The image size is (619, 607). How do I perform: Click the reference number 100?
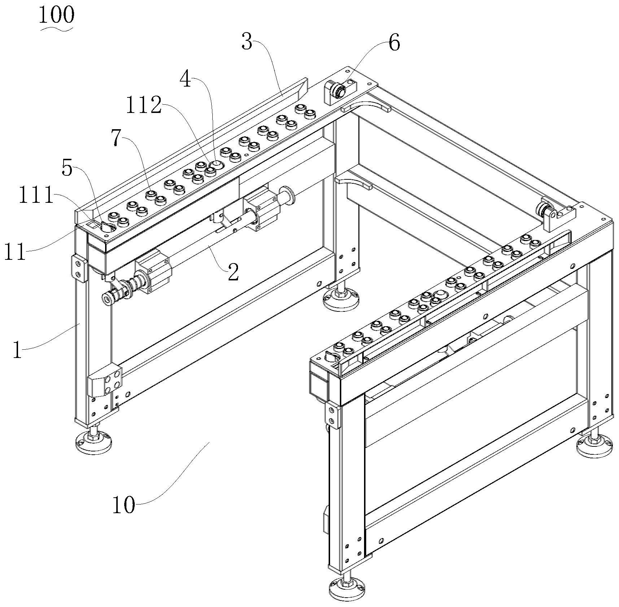[57, 15]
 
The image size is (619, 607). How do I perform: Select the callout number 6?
[394, 43]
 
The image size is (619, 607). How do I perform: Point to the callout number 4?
[185, 80]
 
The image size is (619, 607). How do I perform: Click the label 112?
[144, 106]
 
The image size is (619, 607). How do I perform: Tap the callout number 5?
[67, 168]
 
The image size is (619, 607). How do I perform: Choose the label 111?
[36, 197]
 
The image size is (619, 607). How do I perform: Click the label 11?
[15, 252]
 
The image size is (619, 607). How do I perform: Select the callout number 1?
[17, 350]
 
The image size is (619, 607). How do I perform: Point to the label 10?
[124, 505]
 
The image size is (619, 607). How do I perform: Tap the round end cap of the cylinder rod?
[107, 298]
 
